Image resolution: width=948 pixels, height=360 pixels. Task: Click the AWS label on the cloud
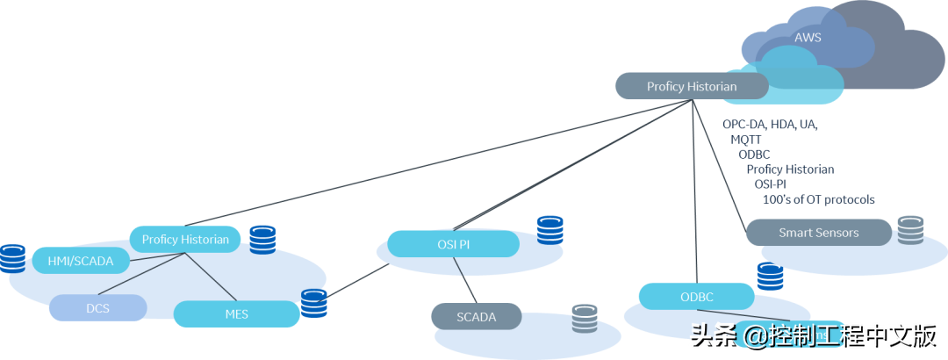click(x=808, y=38)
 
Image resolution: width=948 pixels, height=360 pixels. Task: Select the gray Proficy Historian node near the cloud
click(x=691, y=86)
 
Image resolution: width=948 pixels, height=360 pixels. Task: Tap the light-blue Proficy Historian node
click(x=185, y=239)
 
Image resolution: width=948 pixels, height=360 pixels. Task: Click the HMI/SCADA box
click(x=80, y=261)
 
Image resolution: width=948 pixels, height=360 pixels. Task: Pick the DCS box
click(x=97, y=307)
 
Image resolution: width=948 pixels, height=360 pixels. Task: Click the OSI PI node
click(x=452, y=243)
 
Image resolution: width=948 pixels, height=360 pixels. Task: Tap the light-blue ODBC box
click(x=696, y=296)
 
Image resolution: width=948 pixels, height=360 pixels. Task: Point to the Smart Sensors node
click(x=818, y=233)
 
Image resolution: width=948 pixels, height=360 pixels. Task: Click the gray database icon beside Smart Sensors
click(x=910, y=230)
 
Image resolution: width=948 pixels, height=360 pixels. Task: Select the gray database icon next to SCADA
click(x=585, y=318)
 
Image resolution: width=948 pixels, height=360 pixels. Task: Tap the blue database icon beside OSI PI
click(x=550, y=229)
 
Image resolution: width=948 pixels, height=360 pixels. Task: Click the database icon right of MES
click(x=314, y=303)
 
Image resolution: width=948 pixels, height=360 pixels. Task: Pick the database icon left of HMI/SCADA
click(x=11, y=258)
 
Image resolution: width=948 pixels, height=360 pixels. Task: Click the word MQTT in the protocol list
click(x=746, y=140)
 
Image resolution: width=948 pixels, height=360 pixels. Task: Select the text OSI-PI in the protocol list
click(x=770, y=184)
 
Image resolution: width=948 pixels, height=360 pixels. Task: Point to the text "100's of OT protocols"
click(x=818, y=199)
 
